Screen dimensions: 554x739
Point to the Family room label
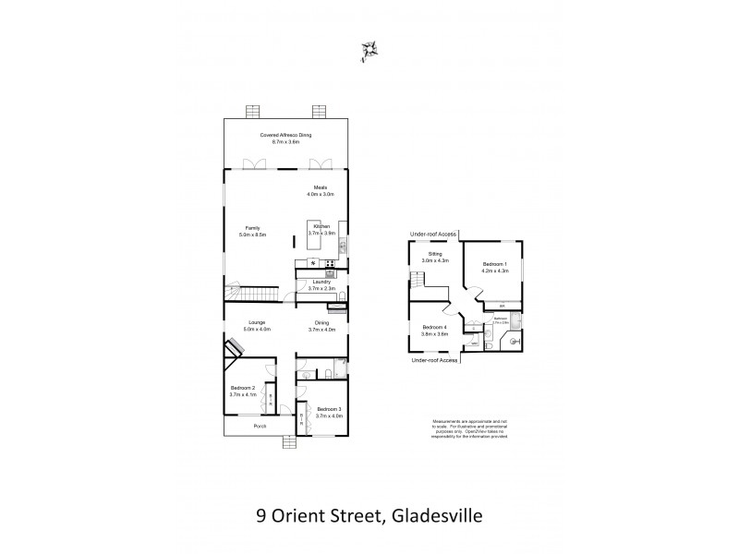point(253,232)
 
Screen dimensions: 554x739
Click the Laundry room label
point(321,284)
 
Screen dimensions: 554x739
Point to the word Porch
point(260,428)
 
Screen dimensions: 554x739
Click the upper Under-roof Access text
point(435,235)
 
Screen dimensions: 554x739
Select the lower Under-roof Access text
point(435,360)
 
